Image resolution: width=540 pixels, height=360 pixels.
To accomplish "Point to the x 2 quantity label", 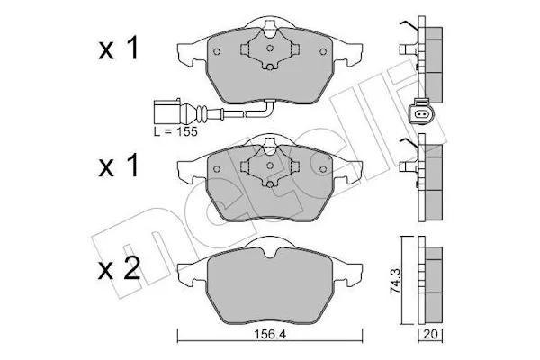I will [x=120, y=269].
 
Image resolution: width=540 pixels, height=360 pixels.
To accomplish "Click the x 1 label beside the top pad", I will [x=120, y=50].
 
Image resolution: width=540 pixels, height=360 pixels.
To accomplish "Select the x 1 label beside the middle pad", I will [x=120, y=166].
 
